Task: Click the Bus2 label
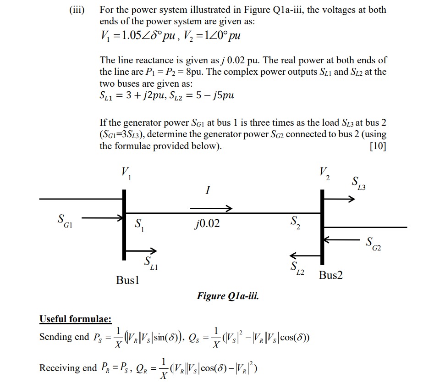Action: pyautogui.click(x=331, y=275)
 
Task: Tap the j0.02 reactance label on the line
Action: pyautogui.click(x=206, y=224)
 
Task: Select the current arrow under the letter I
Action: pyautogui.click(x=211, y=209)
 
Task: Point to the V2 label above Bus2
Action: pyautogui.click(x=324, y=172)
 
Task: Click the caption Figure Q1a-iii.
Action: pyautogui.click(x=228, y=296)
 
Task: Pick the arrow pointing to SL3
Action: pyautogui.click(x=340, y=199)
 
